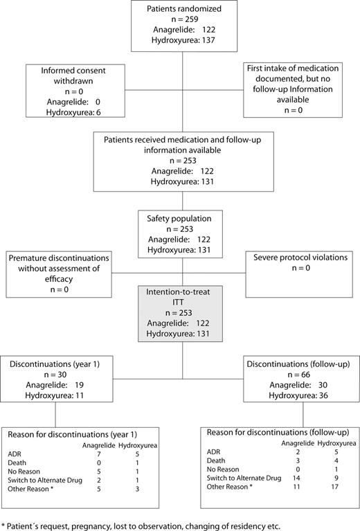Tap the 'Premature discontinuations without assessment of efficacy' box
(55, 267)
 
